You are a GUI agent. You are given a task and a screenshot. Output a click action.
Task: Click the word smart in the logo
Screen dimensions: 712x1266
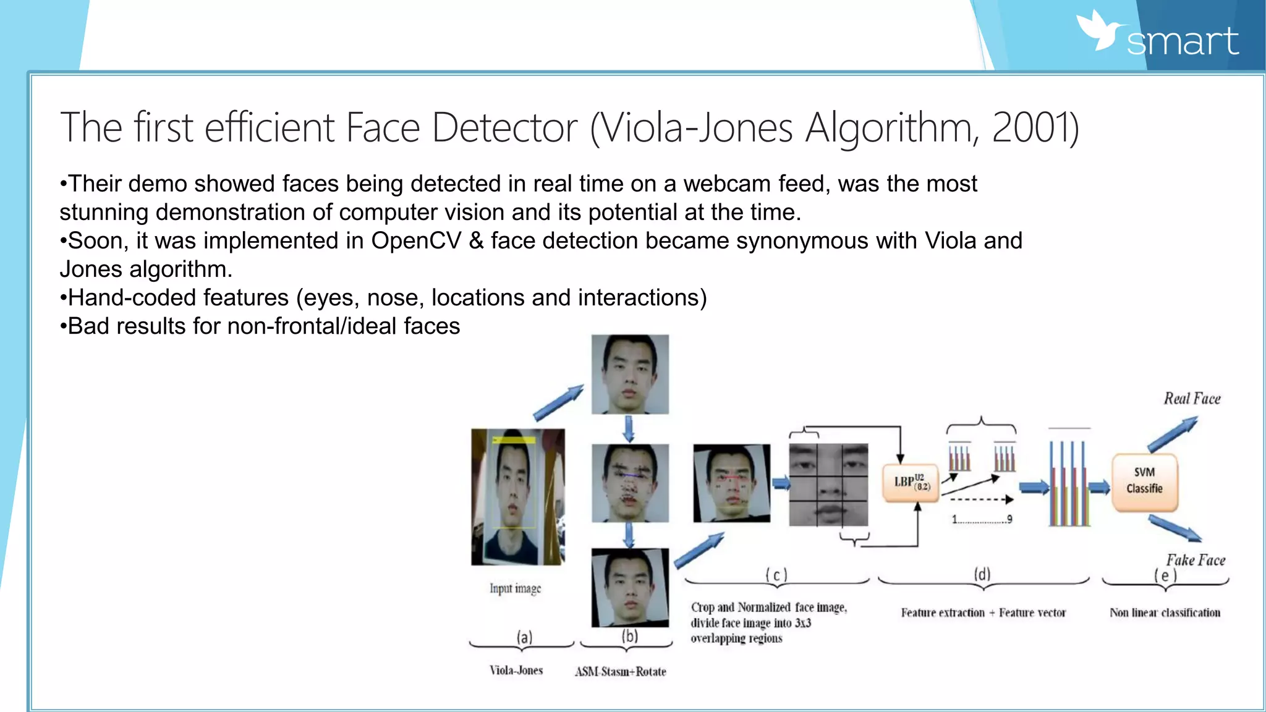pyautogui.click(x=1182, y=42)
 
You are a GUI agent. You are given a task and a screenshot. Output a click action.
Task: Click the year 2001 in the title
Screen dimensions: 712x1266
pyautogui.click(x=1031, y=128)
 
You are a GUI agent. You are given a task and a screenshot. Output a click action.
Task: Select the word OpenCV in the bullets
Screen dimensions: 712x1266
pyautogui.click(x=416, y=241)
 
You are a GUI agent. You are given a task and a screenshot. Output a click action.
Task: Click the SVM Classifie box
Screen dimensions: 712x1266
pyautogui.click(x=1144, y=481)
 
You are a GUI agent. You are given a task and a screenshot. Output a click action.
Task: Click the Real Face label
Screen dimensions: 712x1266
pyautogui.click(x=1192, y=399)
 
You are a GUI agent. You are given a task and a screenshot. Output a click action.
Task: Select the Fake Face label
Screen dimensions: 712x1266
pyautogui.click(x=1196, y=560)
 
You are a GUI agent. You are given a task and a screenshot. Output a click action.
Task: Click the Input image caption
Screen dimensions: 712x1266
pyautogui.click(x=515, y=588)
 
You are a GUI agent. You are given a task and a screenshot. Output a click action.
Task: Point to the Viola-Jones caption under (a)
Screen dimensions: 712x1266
pyautogui.click(x=516, y=671)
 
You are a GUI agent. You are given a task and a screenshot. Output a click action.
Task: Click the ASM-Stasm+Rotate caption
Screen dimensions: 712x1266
pyautogui.click(x=621, y=672)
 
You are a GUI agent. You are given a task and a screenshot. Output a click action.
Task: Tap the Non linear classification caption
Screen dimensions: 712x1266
pyautogui.click(x=1165, y=613)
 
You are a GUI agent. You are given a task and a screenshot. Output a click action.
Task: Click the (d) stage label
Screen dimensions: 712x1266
pyautogui.click(x=982, y=574)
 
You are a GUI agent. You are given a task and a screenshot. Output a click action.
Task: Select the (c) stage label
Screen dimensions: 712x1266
pyautogui.click(x=776, y=575)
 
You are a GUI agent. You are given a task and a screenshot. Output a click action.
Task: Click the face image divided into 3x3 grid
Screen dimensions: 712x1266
pyautogui.click(x=828, y=485)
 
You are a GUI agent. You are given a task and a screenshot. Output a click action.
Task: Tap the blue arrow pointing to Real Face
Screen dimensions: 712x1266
pyautogui.click(x=1173, y=435)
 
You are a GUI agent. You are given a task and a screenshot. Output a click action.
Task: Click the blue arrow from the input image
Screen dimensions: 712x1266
pyautogui.click(x=558, y=403)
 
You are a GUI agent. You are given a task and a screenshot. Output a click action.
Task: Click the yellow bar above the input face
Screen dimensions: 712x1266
pyautogui.click(x=514, y=440)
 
